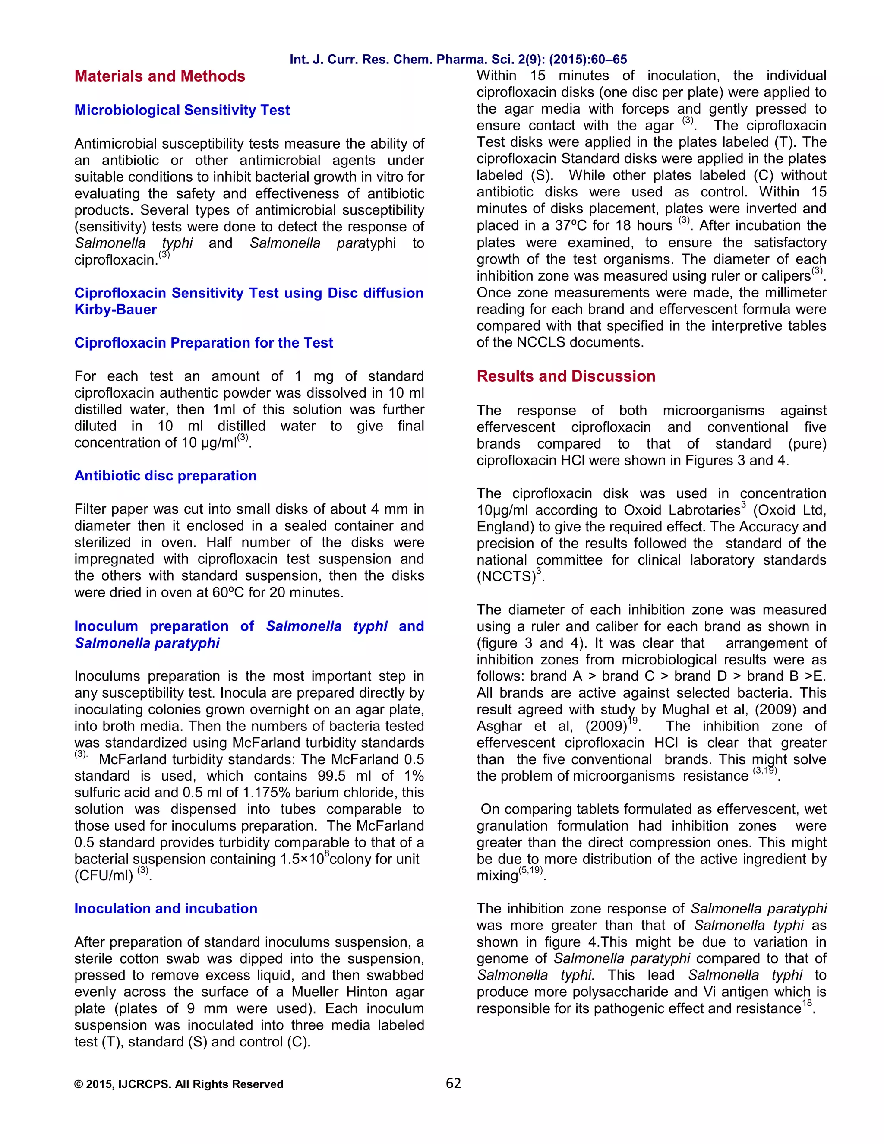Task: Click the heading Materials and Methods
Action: click(x=160, y=76)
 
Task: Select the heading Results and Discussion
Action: click(x=565, y=376)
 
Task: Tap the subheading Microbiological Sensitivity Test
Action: click(x=182, y=110)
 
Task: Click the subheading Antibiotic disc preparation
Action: click(x=165, y=476)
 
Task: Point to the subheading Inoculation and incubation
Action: click(x=165, y=908)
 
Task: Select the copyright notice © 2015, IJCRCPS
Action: click(x=179, y=1084)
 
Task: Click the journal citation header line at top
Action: click(x=458, y=60)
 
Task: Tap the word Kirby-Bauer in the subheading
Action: click(x=115, y=310)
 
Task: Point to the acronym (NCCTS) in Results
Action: click(x=506, y=577)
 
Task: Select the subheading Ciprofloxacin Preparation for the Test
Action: click(x=203, y=343)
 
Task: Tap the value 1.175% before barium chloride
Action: click(x=268, y=793)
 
